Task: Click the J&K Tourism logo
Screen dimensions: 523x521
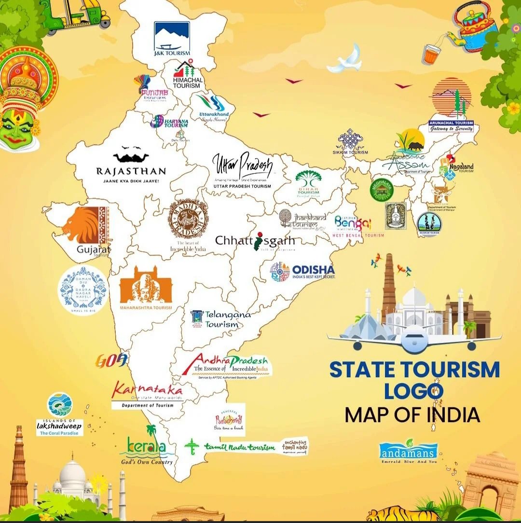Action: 172,39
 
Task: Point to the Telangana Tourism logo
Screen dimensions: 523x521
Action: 220,319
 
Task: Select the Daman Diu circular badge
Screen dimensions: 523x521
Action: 83,289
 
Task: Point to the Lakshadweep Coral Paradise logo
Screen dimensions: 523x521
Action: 60,415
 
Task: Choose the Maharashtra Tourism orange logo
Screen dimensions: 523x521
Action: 146,288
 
